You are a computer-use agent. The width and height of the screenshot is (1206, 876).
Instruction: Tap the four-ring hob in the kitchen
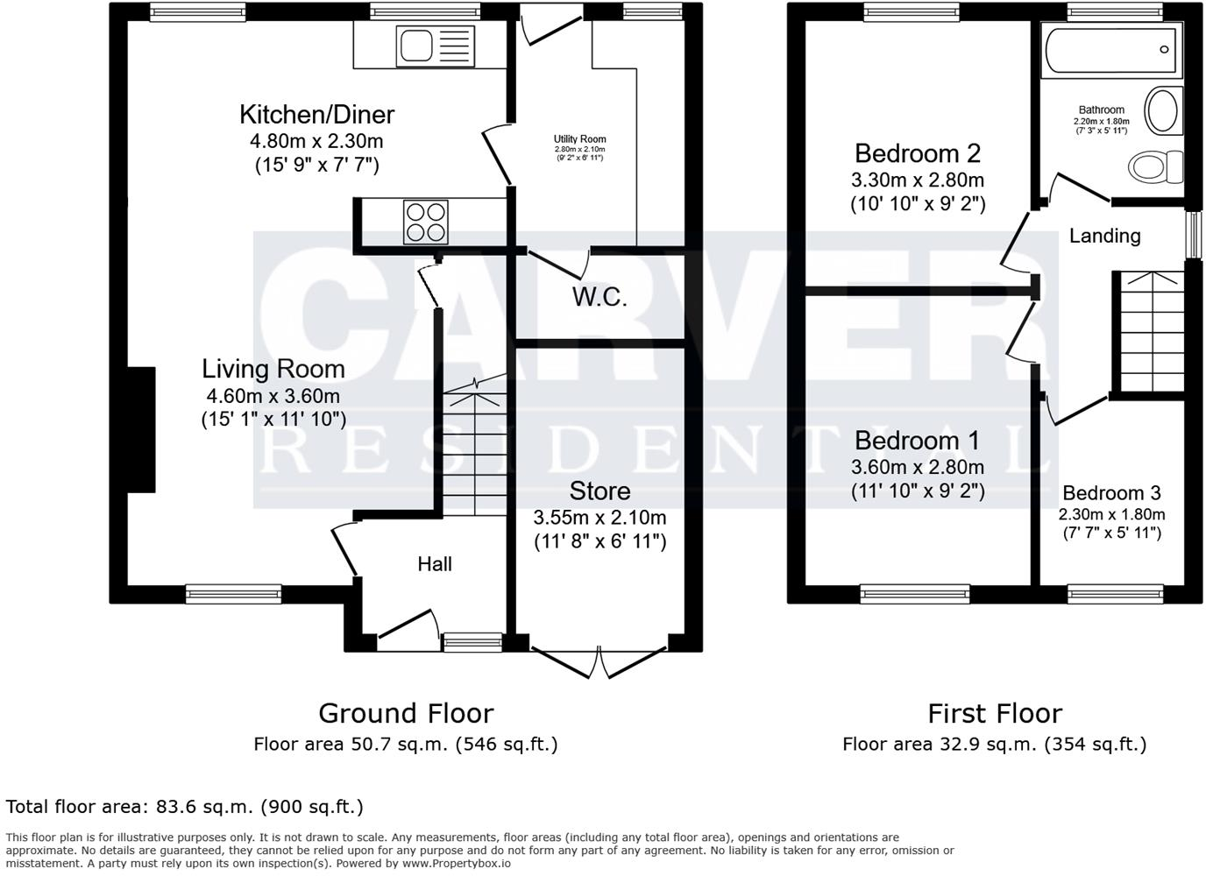pyautogui.click(x=425, y=222)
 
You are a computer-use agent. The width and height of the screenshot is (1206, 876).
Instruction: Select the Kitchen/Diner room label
pyautogui.click(x=317, y=115)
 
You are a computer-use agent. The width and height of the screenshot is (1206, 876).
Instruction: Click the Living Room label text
pyautogui.click(x=273, y=369)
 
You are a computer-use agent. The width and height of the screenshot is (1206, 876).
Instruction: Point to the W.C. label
pyautogui.click(x=599, y=298)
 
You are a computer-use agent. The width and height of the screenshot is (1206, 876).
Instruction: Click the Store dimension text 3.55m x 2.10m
pyautogui.click(x=600, y=518)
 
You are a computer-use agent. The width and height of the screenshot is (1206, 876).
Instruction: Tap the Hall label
pyautogui.click(x=435, y=564)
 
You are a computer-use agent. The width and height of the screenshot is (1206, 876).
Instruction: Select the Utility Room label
pyautogui.click(x=579, y=139)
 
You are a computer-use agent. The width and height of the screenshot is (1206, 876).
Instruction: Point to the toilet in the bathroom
pyautogui.click(x=1154, y=166)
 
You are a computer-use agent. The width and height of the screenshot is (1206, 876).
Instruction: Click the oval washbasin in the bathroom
pyautogui.click(x=1163, y=109)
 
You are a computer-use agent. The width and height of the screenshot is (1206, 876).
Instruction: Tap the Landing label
pyautogui.click(x=1104, y=236)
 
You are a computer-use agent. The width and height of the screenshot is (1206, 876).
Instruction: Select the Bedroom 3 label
pyautogui.click(x=1111, y=493)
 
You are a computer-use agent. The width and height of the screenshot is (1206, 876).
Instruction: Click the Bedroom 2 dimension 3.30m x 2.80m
pyautogui.click(x=918, y=180)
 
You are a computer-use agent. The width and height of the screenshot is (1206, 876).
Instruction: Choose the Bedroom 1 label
pyautogui.click(x=918, y=440)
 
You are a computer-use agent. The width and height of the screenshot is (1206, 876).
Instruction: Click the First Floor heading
pyautogui.click(x=995, y=713)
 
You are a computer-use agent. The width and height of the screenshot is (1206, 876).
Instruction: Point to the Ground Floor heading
pyautogui.click(x=406, y=713)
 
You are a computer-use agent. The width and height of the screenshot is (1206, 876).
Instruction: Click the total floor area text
pyautogui.click(x=184, y=806)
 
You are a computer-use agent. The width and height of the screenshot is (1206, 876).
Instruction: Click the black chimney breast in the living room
pyautogui.click(x=141, y=429)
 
